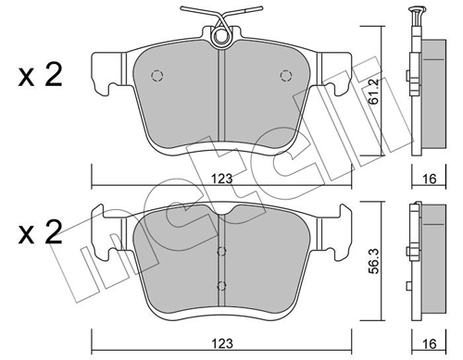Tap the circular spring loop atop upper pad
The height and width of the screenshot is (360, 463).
pyautogui.click(x=221, y=37)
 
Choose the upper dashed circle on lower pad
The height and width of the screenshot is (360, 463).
pyautogui.click(x=220, y=250)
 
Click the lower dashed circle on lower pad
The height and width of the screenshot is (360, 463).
pyautogui.click(x=220, y=285)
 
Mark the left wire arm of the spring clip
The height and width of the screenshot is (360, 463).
pyautogui.click(x=203, y=21)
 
